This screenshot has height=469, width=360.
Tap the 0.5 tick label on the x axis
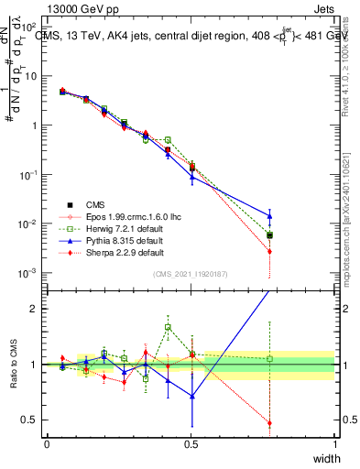pyautogui.click(x=191, y=443)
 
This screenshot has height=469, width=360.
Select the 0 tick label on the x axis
pyautogui.click(x=47, y=443)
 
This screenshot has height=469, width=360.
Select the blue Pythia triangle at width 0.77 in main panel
pyautogui.click(x=270, y=216)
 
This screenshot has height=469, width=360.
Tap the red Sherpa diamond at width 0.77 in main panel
pyautogui.click(x=270, y=251)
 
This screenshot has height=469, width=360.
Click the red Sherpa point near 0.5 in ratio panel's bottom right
pyautogui.click(x=270, y=423)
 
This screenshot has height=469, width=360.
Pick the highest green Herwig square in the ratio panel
pyautogui.click(x=168, y=327)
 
